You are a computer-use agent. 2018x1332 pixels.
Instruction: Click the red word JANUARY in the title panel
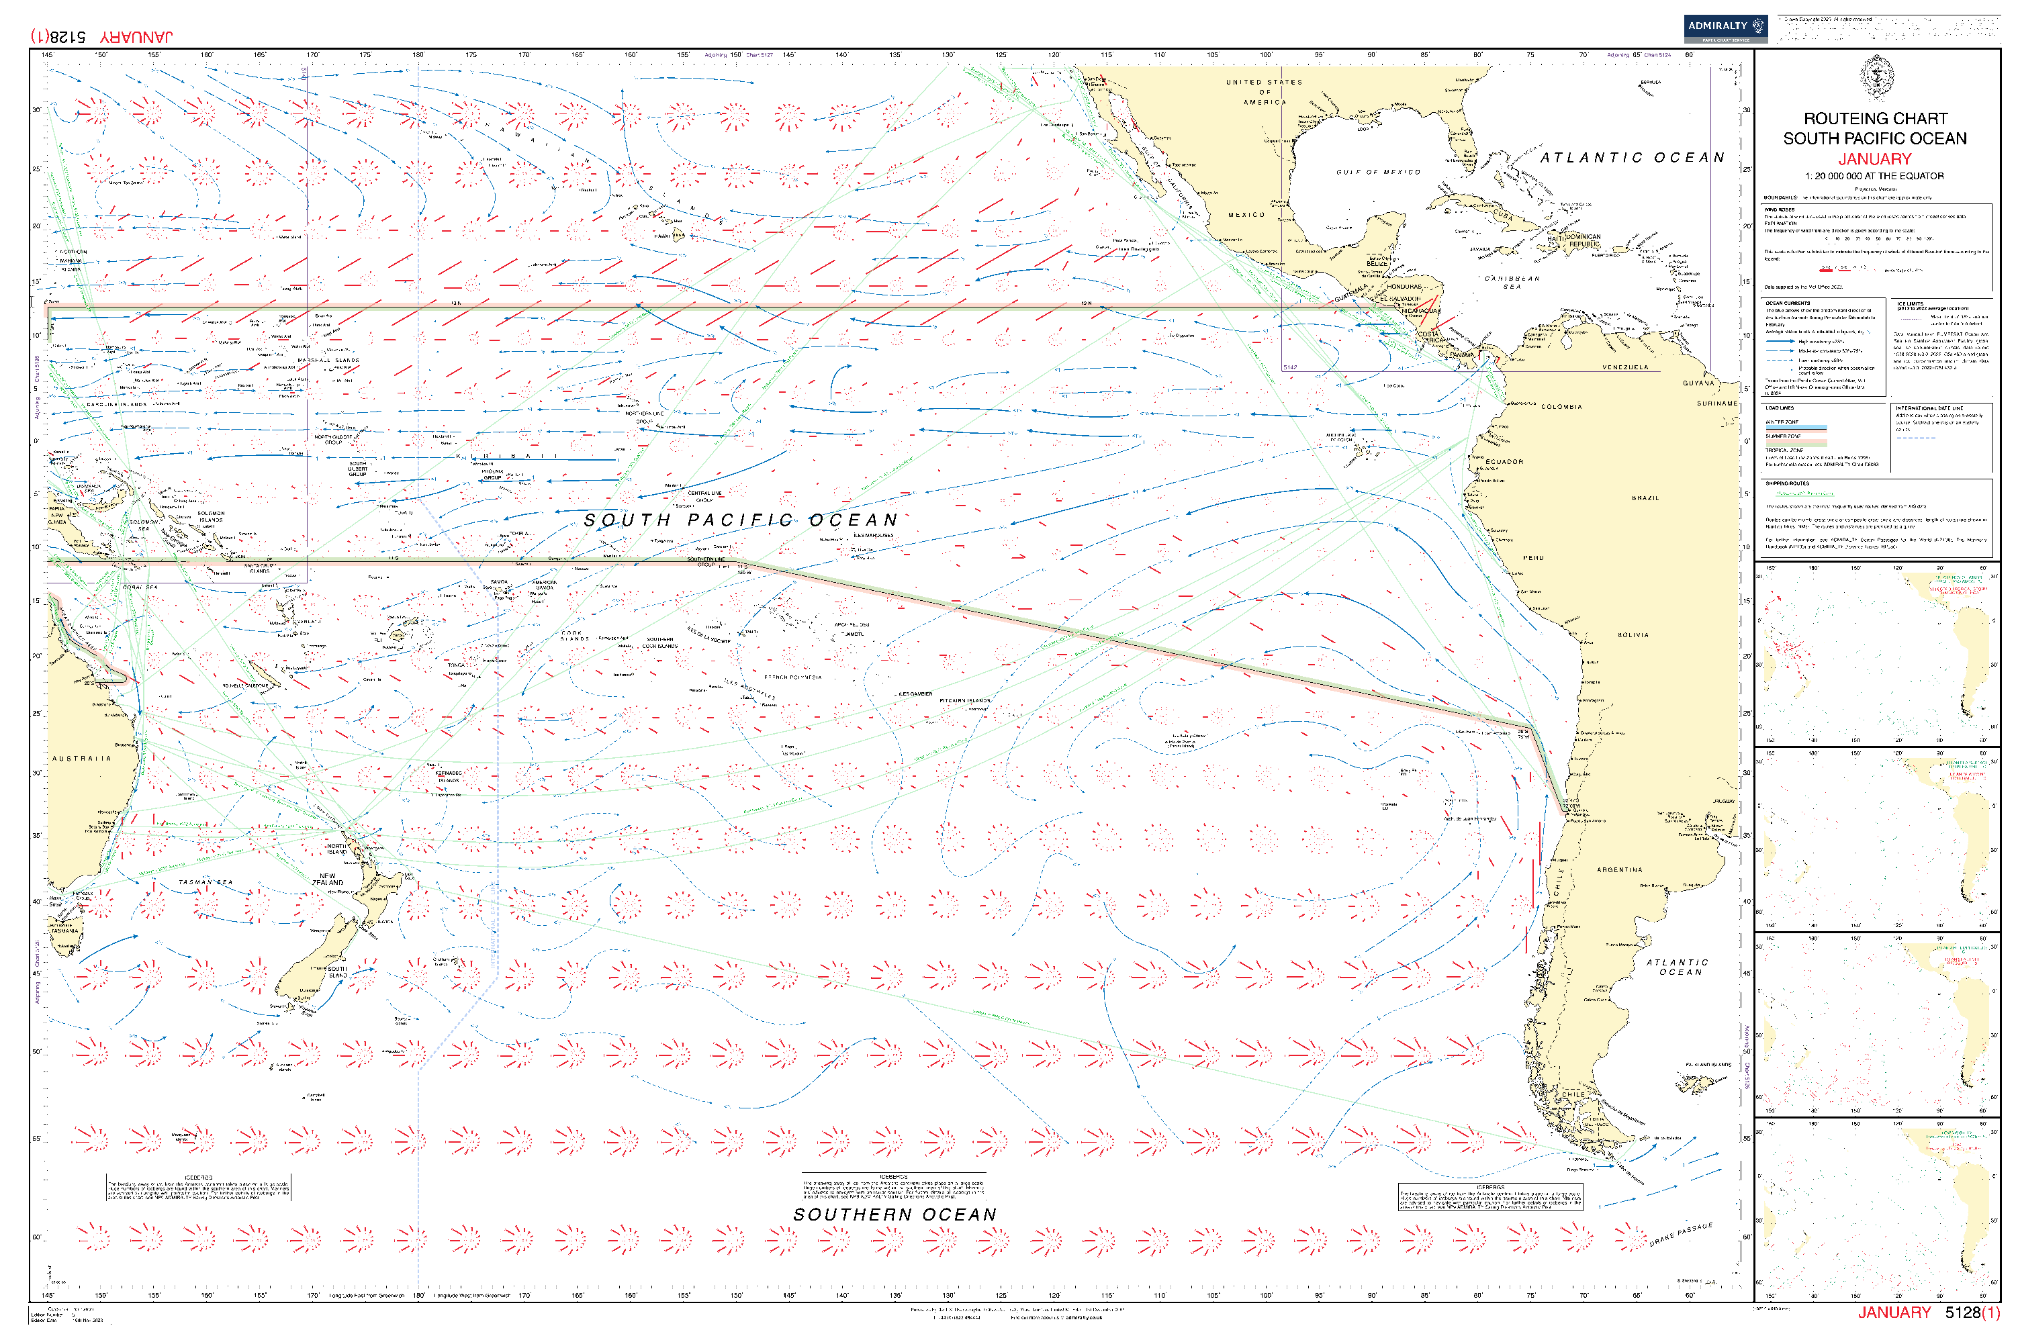pyautogui.click(x=1874, y=159)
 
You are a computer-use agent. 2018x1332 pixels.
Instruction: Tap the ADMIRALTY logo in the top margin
pyautogui.click(x=1724, y=28)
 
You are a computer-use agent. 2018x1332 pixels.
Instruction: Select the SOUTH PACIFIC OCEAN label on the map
pyautogui.click(x=740, y=520)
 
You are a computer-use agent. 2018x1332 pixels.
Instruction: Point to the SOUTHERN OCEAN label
pyautogui.click(x=894, y=1215)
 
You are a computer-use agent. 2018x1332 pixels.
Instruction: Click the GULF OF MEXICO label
pyautogui.click(x=1377, y=173)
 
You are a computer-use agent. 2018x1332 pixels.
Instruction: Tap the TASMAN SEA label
pyautogui.click(x=205, y=883)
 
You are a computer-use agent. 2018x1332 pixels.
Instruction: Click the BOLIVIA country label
pyautogui.click(x=1633, y=634)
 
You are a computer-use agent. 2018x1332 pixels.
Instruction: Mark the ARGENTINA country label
pyautogui.click(x=1620, y=870)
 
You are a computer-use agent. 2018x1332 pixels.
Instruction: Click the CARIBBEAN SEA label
pyautogui.click(x=1512, y=282)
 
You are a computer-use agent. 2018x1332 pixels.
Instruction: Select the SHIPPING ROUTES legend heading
pyautogui.click(x=1787, y=483)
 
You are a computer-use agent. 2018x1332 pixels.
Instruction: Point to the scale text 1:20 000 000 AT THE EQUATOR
pyautogui.click(x=1874, y=176)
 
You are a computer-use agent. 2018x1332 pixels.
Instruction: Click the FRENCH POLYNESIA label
pyautogui.click(x=792, y=677)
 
